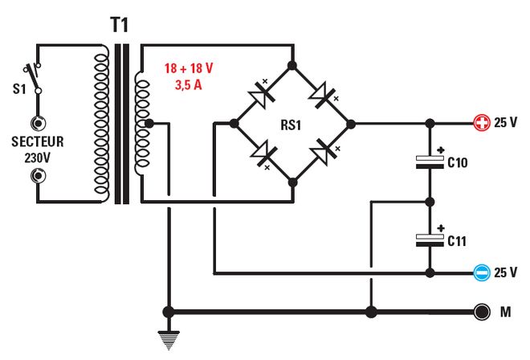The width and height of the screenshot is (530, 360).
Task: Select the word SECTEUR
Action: [37, 142]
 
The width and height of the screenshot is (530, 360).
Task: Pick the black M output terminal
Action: [482, 312]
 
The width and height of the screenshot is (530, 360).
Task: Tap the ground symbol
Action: [169, 342]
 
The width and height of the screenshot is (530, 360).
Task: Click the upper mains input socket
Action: [37, 124]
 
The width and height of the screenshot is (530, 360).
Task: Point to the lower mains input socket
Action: [37, 176]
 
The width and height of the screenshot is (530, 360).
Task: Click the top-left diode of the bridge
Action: [263, 95]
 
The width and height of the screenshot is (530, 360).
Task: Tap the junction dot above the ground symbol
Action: [169, 312]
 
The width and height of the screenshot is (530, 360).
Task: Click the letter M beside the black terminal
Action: [507, 312]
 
